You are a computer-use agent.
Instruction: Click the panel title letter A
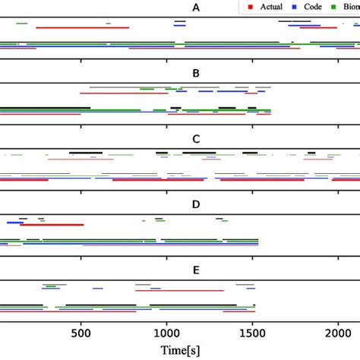(x=197, y=8)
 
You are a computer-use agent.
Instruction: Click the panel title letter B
(x=197, y=74)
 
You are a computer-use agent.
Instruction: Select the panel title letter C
(x=197, y=139)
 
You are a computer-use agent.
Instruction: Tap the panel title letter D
(x=197, y=204)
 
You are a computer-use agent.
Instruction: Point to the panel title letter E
(x=197, y=270)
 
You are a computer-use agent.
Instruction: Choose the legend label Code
(x=311, y=7)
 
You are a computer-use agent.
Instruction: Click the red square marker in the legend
(x=248, y=7)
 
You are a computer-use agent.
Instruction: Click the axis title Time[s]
(x=185, y=351)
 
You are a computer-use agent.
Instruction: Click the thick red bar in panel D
(x=52, y=225)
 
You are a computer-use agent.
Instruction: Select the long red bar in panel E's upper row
(x=179, y=290)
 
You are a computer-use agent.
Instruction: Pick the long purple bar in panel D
(x=170, y=245)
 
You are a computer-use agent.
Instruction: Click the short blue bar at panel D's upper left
(x=14, y=223)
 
